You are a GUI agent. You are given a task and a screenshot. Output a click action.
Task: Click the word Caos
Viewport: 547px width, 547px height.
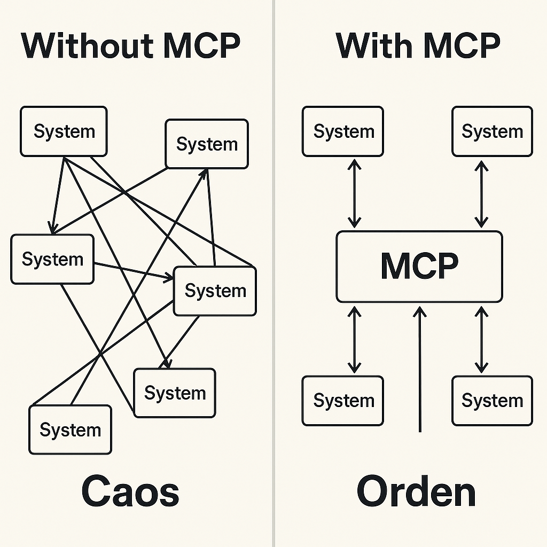click(130, 492)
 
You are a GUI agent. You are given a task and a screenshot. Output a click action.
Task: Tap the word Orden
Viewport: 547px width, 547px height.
click(416, 492)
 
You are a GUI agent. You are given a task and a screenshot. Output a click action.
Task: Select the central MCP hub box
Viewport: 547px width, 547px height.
click(419, 266)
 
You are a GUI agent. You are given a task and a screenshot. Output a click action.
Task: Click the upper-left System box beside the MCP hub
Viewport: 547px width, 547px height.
click(343, 131)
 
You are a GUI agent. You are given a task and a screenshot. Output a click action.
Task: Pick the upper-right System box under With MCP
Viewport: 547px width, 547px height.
click(492, 131)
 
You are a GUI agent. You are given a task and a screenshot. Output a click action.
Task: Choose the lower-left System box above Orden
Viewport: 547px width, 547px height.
click(343, 401)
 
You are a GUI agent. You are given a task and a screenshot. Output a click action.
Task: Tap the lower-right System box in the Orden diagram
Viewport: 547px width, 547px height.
click(492, 401)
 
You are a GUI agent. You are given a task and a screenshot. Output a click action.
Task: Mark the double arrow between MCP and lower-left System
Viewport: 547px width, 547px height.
click(354, 339)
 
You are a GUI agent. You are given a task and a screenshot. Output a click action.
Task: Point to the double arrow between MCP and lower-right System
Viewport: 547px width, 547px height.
click(481, 339)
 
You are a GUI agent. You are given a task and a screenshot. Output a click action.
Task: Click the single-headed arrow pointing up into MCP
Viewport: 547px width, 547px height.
click(420, 369)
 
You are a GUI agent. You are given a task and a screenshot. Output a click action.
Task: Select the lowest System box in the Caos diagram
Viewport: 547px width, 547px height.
click(70, 429)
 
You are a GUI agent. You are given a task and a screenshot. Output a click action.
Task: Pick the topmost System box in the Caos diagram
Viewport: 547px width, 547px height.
click(64, 131)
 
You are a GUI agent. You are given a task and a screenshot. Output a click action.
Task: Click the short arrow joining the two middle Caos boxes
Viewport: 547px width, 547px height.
click(134, 270)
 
